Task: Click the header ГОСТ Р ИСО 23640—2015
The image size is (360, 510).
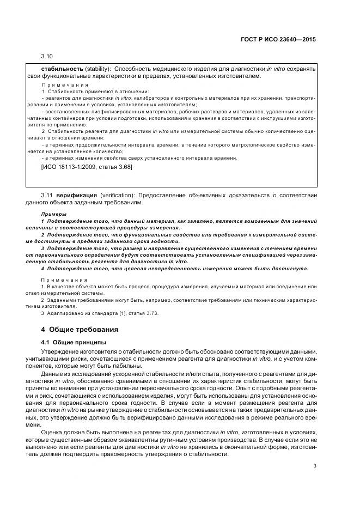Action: [278, 40]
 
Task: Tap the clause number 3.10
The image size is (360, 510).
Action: [47, 57]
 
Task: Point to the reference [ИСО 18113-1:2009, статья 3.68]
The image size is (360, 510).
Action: [87, 167]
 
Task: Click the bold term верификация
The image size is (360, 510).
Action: [78, 195]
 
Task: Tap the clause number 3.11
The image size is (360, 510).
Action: [47, 195]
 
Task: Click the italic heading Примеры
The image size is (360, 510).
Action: [54, 214]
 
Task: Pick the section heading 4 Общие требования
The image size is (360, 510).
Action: [80, 330]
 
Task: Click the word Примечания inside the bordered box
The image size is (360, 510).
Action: [65, 85]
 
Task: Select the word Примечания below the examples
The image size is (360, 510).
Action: [65, 280]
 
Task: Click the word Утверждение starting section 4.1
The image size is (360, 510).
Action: [61, 351]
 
